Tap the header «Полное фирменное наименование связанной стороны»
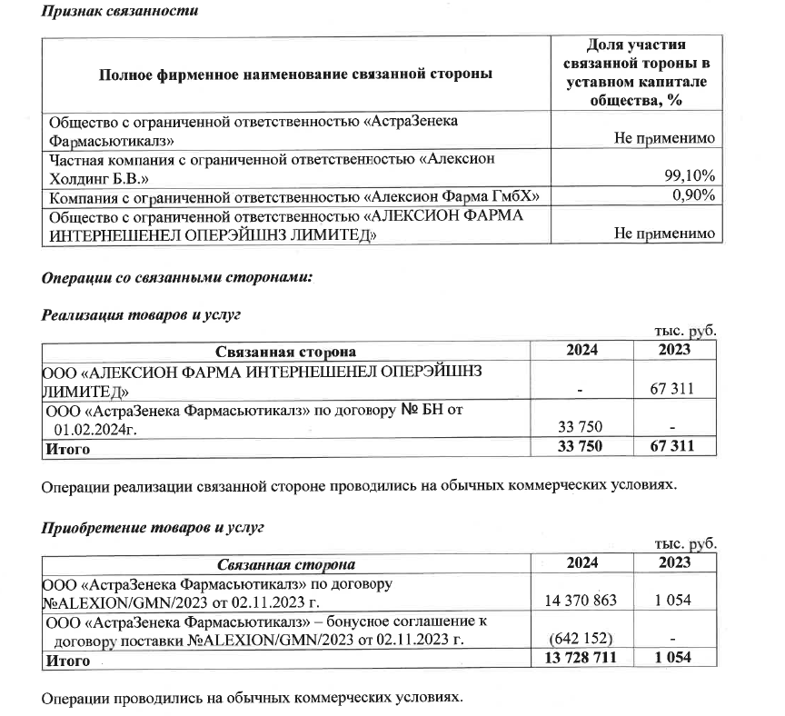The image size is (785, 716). pyautogui.click(x=296, y=73)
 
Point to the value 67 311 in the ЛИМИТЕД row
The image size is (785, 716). pyautogui.click(x=672, y=389)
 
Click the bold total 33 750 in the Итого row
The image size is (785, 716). pyautogui.click(x=578, y=446)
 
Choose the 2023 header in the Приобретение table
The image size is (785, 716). pyautogui.click(x=673, y=564)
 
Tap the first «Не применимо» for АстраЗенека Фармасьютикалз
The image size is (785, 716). pyautogui.click(x=664, y=138)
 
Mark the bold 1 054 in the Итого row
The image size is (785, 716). pyautogui.click(x=673, y=661)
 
